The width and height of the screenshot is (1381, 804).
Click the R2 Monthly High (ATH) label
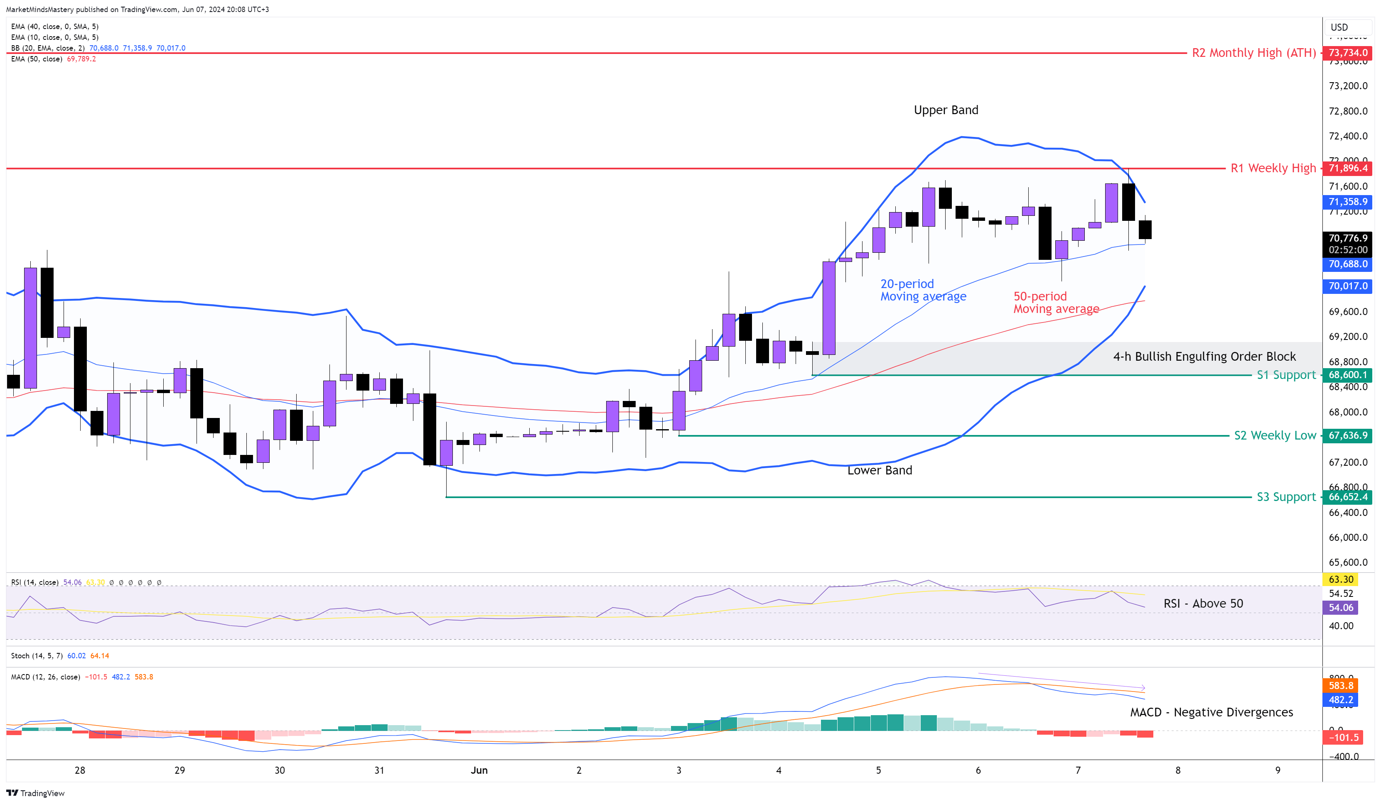1253,53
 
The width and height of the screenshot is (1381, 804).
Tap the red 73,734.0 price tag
1348,53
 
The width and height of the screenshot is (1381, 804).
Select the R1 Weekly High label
1273,168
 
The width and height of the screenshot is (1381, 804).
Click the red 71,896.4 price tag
1348,168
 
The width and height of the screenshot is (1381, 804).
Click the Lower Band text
879,470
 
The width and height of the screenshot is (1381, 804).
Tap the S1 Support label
1285,375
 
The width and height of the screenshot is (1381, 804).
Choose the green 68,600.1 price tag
1348,375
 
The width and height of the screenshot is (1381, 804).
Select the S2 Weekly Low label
1274,436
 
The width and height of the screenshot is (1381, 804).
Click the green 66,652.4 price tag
1348,497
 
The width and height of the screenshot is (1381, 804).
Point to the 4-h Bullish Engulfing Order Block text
1204,357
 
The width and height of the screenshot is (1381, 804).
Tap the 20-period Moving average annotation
922,290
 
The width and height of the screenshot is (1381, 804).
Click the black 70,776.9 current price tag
1348,238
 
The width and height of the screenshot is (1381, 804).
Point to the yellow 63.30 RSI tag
1340,579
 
